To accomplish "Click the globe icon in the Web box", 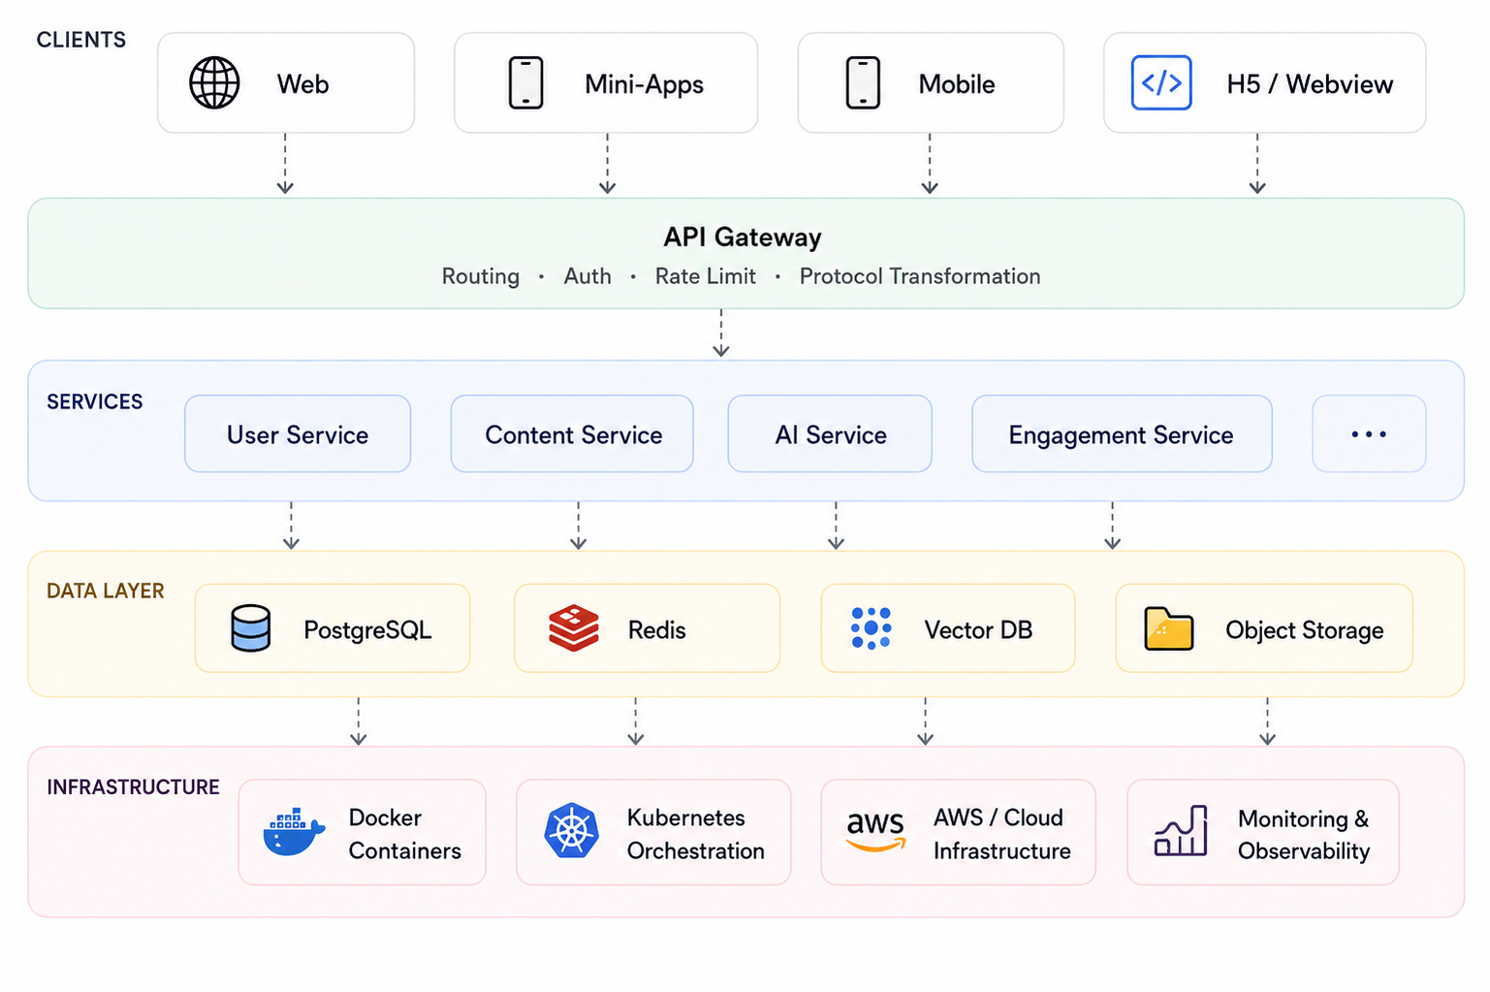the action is click(214, 82).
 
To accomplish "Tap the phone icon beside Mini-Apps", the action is click(525, 82).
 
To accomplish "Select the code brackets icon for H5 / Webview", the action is click(1160, 82).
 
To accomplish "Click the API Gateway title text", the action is click(743, 237).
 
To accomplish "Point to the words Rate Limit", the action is click(705, 275).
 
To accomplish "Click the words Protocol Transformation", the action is click(920, 275).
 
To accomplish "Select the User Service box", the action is click(298, 433).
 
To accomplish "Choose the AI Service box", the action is click(830, 433).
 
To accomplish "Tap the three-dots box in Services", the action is click(1369, 433).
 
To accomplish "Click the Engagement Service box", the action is click(1122, 433).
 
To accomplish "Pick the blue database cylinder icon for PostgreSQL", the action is click(250, 627).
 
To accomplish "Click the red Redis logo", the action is click(573, 627).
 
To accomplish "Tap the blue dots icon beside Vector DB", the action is click(871, 627).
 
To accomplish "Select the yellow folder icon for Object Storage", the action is click(1169, 628).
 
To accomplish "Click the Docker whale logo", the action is click(294, 832).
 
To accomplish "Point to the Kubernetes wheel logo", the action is click(571, 830).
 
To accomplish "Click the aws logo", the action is click(875, 830).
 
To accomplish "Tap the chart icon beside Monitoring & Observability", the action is click(1181, 830).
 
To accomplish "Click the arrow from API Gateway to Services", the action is click(721, 333).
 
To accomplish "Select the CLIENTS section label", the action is click(81, 40).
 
